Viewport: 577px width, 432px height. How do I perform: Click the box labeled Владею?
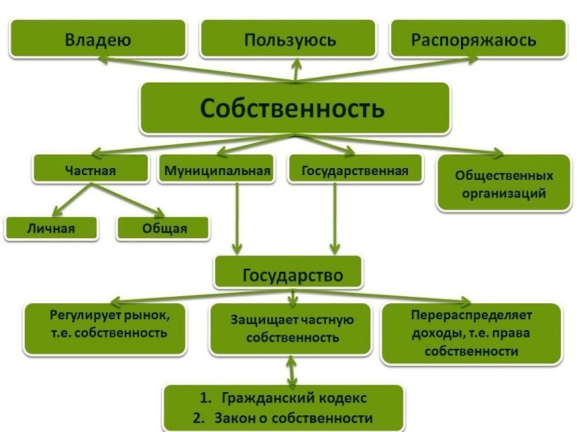97,39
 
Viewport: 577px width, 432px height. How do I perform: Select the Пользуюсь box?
289,39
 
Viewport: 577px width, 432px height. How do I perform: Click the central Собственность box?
293,109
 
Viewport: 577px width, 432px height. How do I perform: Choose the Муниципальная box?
216,171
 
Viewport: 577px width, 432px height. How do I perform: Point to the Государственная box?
354,171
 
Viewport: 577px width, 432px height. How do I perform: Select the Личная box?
51,229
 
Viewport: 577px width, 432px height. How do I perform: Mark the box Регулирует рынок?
109,325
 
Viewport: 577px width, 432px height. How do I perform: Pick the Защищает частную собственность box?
292,328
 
